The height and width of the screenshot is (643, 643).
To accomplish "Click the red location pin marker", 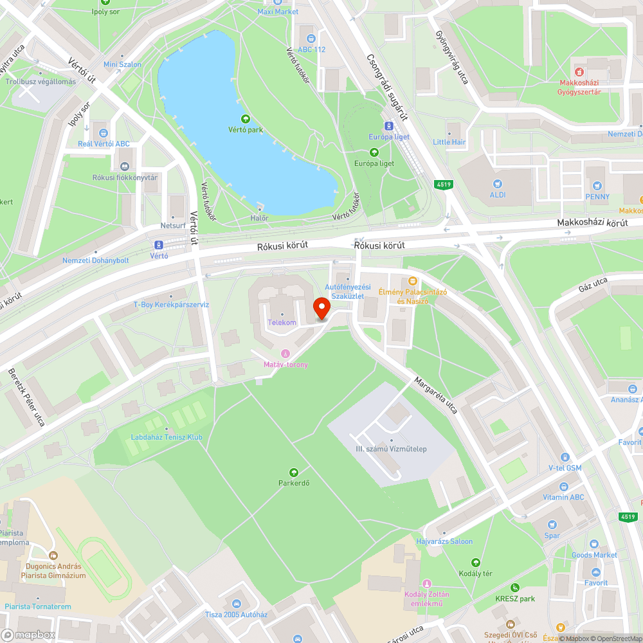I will click(x=321, y=309).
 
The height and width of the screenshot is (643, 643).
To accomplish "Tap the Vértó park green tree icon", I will click(x=245, y=119).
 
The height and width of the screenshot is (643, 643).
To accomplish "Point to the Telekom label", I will click(x=282, y=322).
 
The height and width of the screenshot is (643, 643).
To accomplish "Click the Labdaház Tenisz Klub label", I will click(x=167, y=437).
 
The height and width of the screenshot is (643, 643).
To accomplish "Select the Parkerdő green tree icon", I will click(x=294, y=473).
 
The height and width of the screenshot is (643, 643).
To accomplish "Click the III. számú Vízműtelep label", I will click(x=391, y=449).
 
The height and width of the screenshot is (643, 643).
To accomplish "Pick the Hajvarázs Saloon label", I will click(x=444, y=541).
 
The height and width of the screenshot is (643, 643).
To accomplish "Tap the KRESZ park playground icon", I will click(x=515, y=588).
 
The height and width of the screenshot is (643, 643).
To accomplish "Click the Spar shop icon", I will click(x=552, y=525).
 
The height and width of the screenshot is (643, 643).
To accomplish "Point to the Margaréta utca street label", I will click(x=436, y=395).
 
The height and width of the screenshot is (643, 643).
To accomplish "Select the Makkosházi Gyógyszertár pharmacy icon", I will click(x=579, y=72).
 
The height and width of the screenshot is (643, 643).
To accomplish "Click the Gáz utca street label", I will click(x=593, y=284).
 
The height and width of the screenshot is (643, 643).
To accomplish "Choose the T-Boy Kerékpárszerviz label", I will click(x=171, y=305).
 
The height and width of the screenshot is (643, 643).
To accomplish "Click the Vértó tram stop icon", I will click(x=158, y=244).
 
